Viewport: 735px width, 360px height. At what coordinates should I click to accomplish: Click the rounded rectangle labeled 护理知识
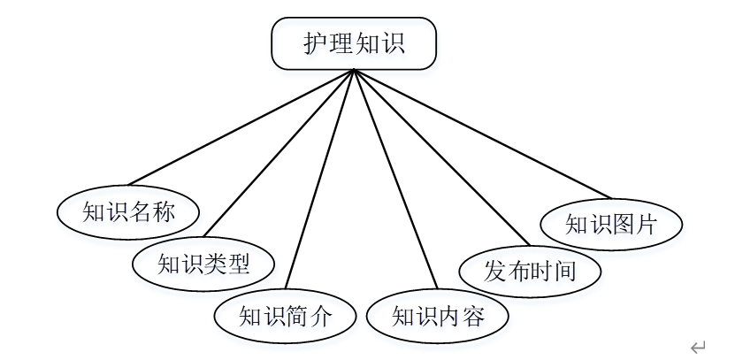click(x=353, y=43)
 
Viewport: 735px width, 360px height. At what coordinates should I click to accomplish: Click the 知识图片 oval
click(x=611, y=224)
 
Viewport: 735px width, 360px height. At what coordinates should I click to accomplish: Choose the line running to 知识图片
click(x=482, y=133)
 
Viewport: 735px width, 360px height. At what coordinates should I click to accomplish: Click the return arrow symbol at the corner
click(x=698, y=346)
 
